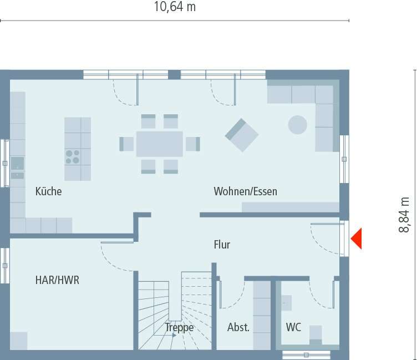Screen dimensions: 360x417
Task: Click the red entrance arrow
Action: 356,239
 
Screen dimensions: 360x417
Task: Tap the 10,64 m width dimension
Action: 175,7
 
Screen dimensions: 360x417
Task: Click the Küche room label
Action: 48,192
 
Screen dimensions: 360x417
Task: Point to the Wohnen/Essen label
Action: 246,192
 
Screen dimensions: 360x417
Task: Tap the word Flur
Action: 222,245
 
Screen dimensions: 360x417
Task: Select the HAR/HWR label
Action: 57,280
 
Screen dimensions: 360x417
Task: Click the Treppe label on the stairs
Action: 179,327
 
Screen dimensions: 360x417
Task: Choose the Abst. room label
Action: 238,327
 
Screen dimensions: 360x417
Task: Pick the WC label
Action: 293,327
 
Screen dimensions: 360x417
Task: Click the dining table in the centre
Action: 160,144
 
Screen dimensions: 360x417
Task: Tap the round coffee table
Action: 298,124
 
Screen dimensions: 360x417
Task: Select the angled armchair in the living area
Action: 242,135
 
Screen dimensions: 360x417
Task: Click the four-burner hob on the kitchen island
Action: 73,156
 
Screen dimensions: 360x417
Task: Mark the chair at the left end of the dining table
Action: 126,144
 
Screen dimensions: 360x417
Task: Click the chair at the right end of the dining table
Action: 192,144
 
